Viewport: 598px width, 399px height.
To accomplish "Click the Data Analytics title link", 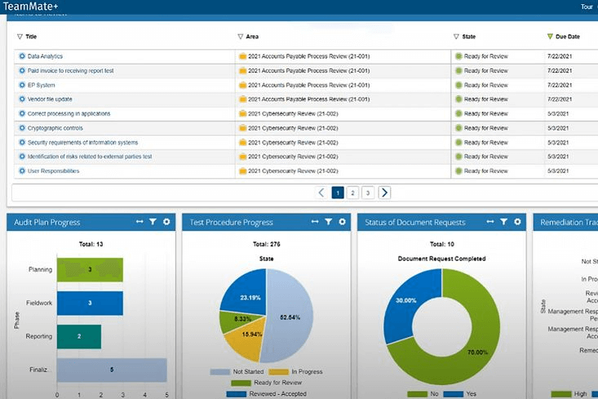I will coord(45,56).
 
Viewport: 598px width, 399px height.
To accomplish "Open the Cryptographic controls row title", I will coord(55,128).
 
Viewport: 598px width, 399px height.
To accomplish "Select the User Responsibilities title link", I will coord(53,171).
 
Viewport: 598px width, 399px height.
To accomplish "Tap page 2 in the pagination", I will coord(352,193).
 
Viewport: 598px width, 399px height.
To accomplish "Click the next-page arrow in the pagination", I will coord(384,193).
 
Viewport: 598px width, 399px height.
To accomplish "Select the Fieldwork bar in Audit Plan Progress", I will coord(90,303).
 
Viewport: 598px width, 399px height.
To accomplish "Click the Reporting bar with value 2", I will coord(79,336).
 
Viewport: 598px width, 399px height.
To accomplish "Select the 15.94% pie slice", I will coord(251,335).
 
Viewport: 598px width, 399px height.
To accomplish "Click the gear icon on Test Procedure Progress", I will coord(343,222).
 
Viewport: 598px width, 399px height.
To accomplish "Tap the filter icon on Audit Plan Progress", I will coord(153,222).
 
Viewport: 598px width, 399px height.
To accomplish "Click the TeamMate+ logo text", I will coord(30,7).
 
